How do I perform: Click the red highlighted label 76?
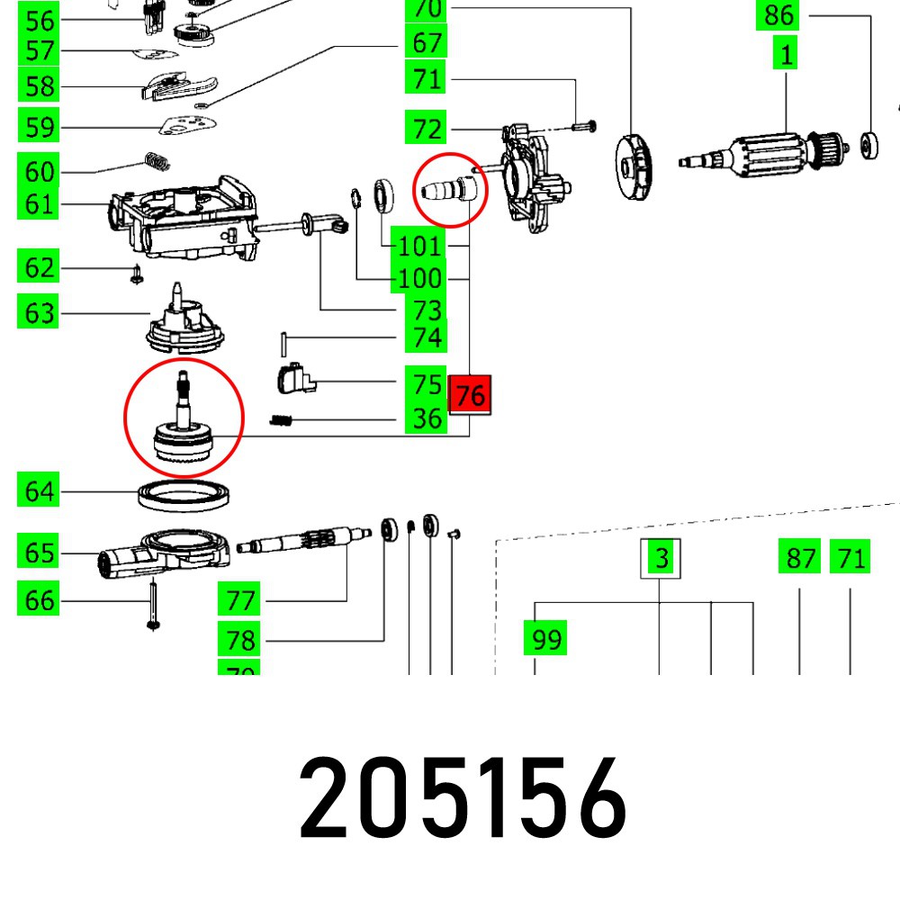471,394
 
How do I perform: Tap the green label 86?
779,15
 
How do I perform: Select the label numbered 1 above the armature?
787,55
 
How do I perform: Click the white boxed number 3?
661,558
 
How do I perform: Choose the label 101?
419,246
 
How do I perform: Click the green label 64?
40,491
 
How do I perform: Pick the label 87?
800,558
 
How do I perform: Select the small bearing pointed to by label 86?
870,143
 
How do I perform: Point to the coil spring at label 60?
158,163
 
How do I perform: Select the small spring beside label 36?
284,418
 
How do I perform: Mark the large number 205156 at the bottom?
463,798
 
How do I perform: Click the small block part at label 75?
292,377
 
